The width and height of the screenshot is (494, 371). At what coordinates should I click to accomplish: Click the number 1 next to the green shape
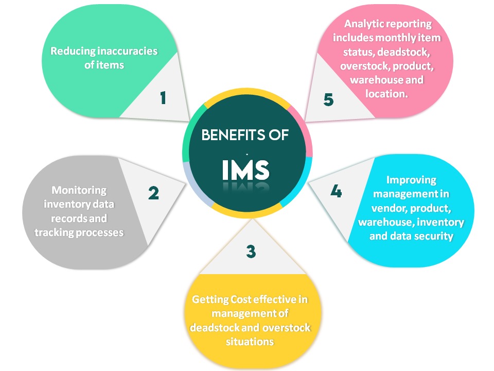point(163,97)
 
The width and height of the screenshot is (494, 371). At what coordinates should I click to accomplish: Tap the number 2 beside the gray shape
point(153,193)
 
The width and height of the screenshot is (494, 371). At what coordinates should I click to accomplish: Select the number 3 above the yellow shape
point(251,252)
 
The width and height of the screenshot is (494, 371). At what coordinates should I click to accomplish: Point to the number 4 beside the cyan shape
point(336,192)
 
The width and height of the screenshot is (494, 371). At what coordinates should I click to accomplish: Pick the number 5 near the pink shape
point(328,99)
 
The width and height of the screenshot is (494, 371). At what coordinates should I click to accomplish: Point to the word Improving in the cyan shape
point(411,180)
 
